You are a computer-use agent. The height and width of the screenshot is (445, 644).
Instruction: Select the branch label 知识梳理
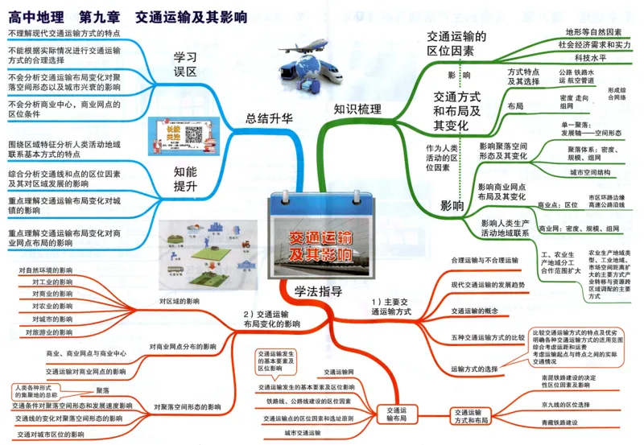[x=357, y=109]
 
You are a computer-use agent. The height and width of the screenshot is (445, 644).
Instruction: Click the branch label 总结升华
[x=269, y=118]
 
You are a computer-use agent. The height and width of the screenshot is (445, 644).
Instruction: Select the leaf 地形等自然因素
[x=593, y=32]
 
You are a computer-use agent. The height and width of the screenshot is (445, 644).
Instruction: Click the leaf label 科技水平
[x=590, y=58]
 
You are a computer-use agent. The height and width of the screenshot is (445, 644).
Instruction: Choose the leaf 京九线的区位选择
[x=566, y=404]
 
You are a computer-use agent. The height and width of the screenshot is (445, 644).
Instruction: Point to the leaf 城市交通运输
[x=303, y=433]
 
